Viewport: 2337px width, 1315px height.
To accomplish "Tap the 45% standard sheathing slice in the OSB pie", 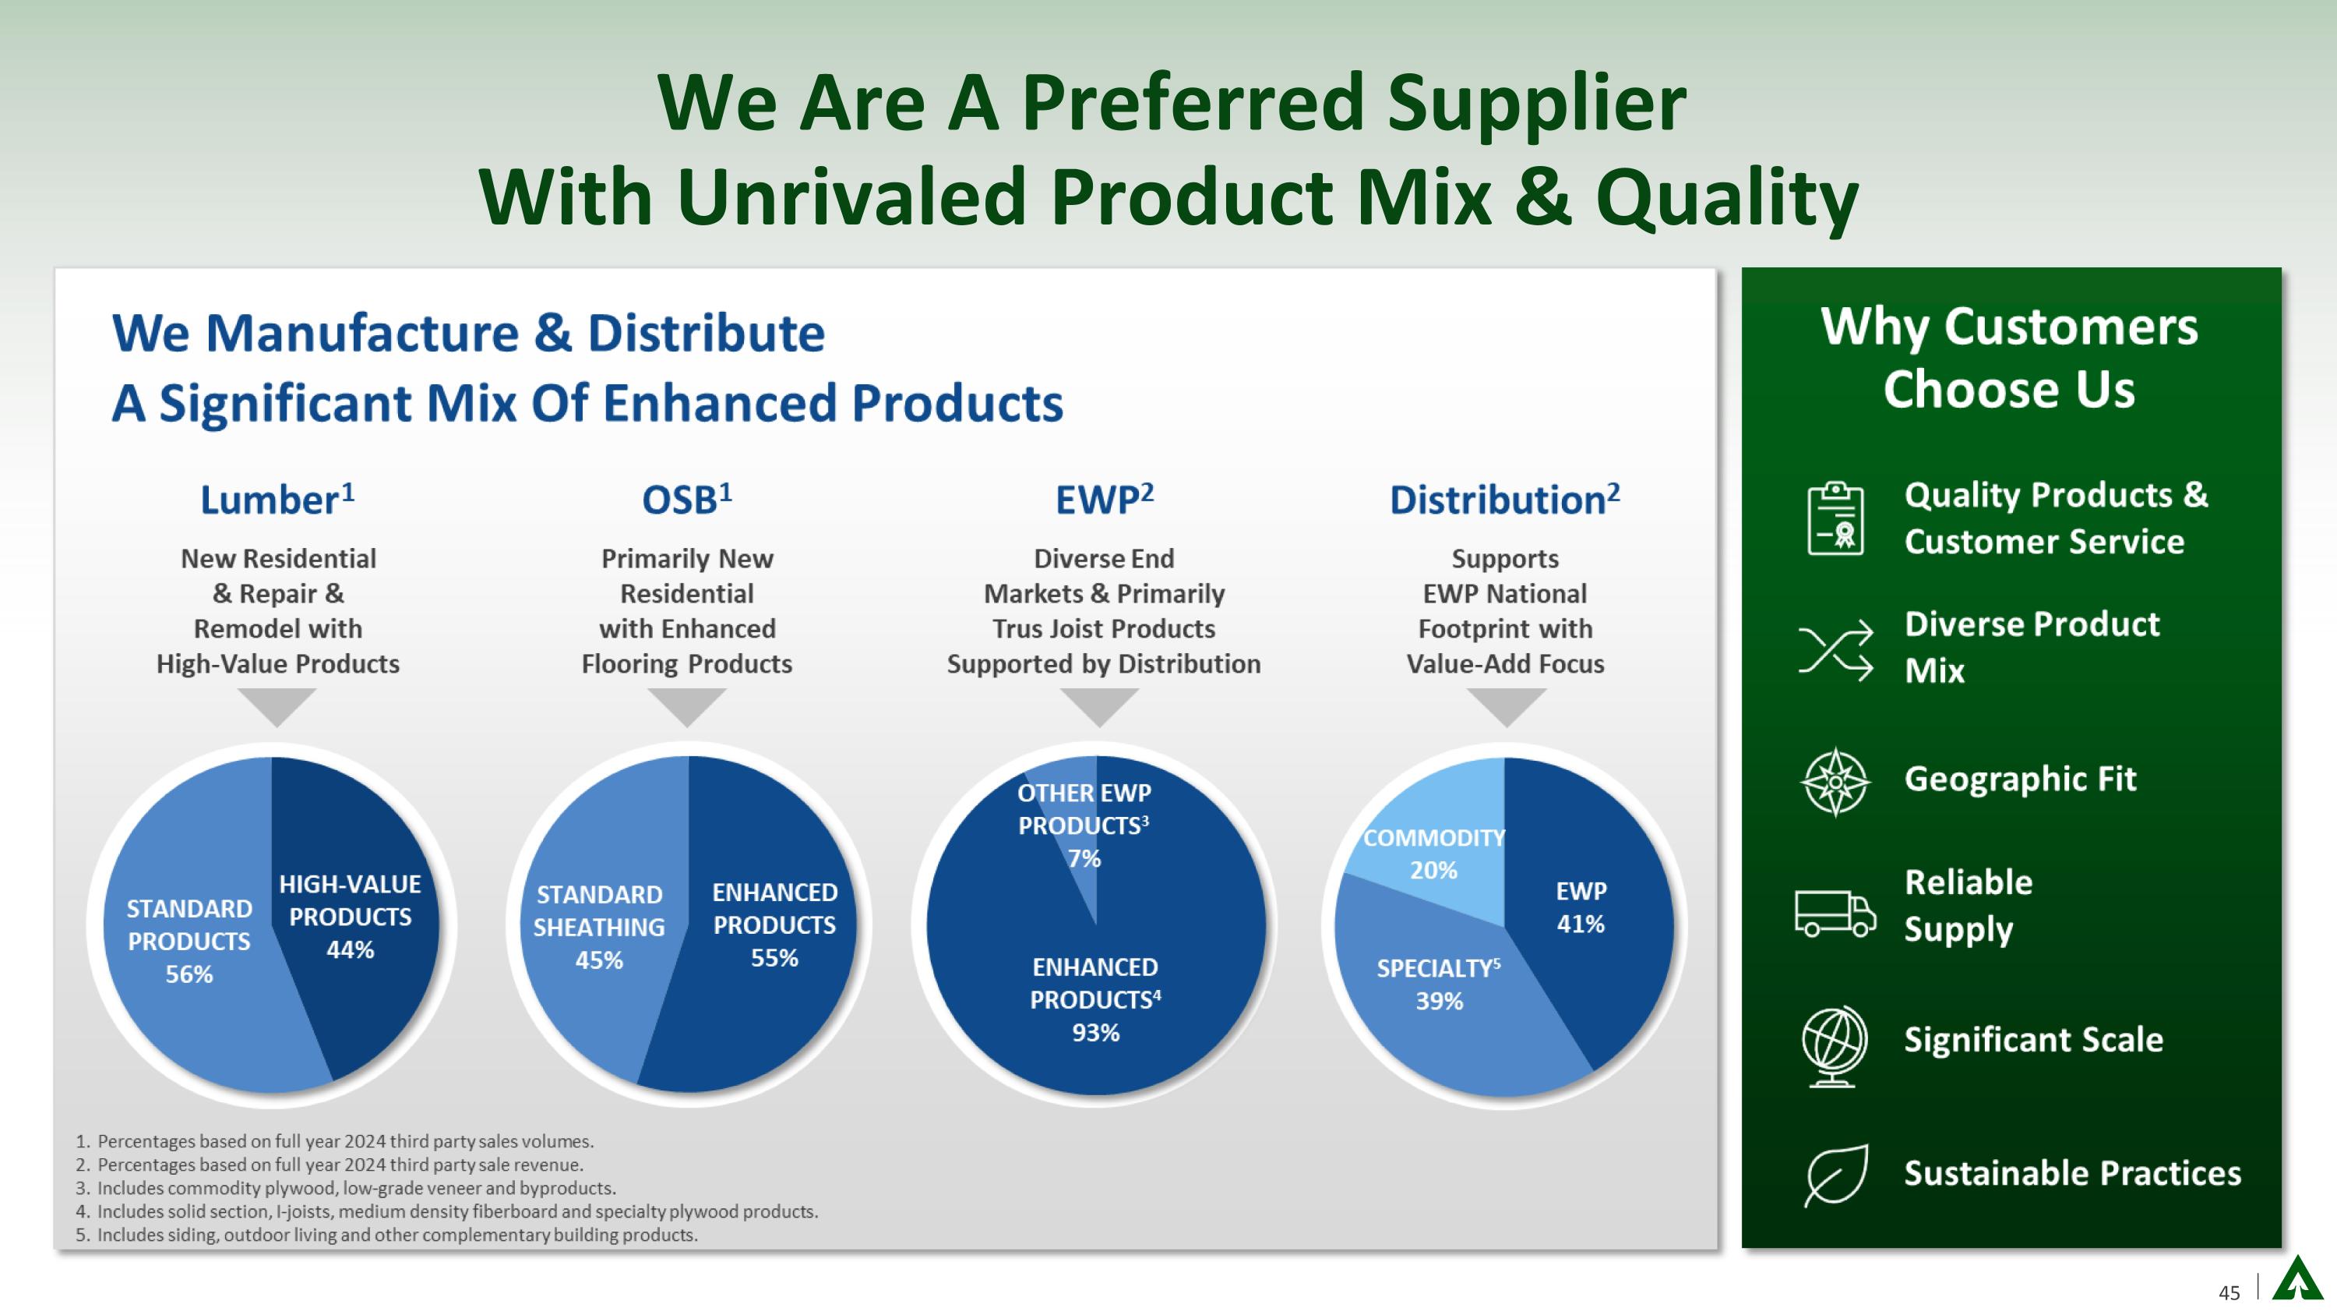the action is tap(599, 926).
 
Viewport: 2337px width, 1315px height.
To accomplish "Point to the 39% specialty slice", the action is tap(1443, 989).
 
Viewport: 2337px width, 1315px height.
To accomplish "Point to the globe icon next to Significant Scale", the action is tap(1835, 1045).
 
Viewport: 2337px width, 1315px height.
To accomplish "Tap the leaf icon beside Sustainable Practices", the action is tap(1836, 1175).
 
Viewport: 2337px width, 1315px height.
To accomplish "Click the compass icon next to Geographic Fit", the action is tap(1835, 781).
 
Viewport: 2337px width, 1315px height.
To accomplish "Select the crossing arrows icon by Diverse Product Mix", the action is tap(1835, 650).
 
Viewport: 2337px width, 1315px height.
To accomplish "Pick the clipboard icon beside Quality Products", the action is tap(1835, 518).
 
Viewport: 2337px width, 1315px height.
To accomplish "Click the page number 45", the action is tap(2229, 1292).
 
